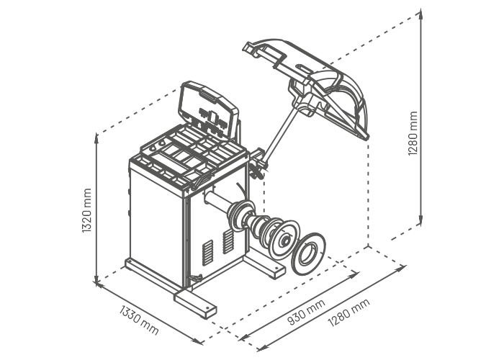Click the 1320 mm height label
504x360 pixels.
(x=87, y=210)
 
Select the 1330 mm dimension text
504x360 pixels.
(x=139, y=320)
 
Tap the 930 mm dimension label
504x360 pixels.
(x=306, y=312)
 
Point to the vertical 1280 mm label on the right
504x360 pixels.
(x=413, y=133)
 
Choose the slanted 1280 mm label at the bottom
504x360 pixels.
(x=348, y=312)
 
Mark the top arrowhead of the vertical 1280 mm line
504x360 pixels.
(x=420, y=14)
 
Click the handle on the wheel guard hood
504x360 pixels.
(x=269, y=55)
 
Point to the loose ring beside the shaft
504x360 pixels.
(x=308, y=254)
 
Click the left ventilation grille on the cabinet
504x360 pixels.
(x=207, y=252)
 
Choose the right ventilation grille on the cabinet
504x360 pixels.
(x=228, y=241)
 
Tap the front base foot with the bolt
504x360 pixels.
(x=195, y=304)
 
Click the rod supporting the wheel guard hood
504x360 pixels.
(x=279, y=135)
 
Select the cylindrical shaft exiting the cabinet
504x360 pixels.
(x=217, y=201)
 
